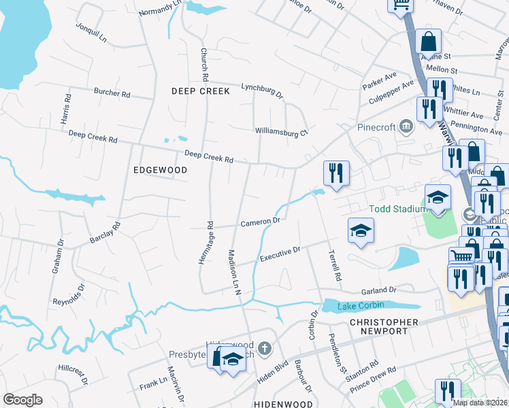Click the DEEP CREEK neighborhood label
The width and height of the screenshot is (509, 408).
tap(201, 90)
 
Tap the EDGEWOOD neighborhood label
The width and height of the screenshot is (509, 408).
tap(160, 170)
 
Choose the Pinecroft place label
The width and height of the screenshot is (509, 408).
tap(376, 126)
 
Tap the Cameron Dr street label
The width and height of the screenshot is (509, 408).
tap(260, 222)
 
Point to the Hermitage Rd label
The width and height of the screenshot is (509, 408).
tap(210, 234)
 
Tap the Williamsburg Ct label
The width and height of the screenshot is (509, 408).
tap(282, 132)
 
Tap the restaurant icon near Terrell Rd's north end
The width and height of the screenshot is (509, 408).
tap(336, 173)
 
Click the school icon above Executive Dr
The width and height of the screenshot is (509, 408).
tap(361, 231)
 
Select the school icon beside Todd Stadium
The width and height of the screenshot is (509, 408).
tap(438, 198)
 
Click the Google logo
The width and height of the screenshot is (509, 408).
tap(22, 400)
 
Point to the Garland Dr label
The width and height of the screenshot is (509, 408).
tap(378, 290)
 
